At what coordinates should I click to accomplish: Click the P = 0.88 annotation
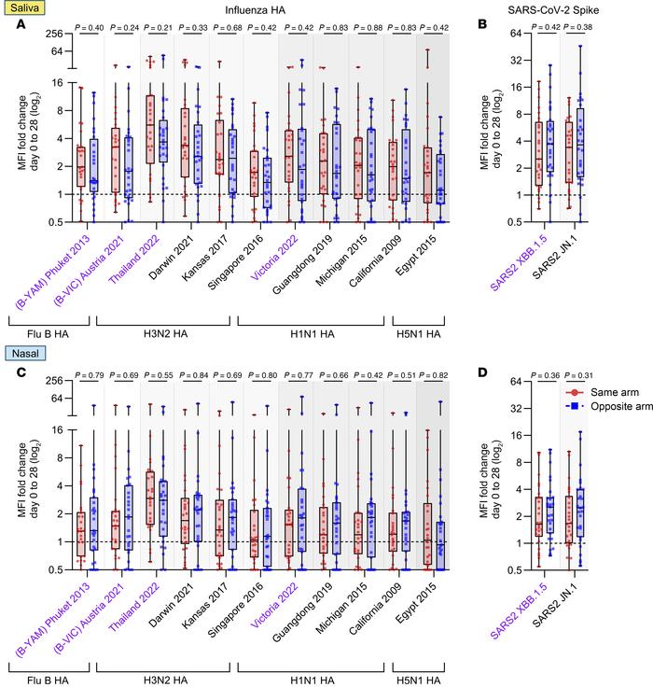coord(367,30)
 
